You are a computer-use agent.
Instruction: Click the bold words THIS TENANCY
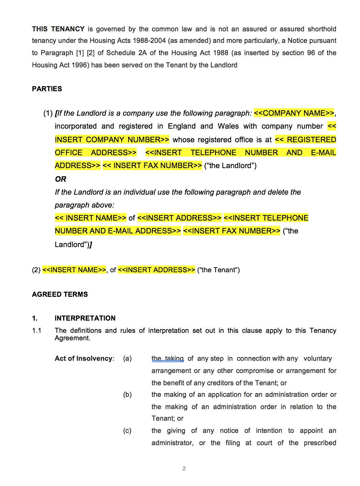tap(58, 29)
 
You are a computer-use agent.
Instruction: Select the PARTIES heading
tap(47, 89)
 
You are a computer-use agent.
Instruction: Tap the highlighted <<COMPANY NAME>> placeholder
tap(294, 113)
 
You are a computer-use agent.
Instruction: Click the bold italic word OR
tap(61, 179)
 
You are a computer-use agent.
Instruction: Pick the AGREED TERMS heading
tap(60, 294)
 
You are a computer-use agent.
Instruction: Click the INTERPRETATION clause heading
tap(85, 318)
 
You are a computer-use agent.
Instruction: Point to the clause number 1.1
tap(37, 330)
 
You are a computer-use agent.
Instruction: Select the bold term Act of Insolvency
tap(84, 358)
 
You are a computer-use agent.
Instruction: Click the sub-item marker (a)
tap(127, 358)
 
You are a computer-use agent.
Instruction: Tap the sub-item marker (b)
tap(127, 394)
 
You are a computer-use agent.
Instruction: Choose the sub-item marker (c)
tap(127, 431)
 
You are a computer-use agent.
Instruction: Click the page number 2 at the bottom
tap(184, 468)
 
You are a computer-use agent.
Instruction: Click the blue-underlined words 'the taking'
tap(167, 358)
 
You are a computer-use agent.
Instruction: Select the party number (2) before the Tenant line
tap(36, 270)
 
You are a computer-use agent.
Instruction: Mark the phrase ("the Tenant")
tap(218, 270)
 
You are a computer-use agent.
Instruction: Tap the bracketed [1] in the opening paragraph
tap(80, 53)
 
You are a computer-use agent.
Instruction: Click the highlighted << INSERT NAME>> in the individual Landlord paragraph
tap(91, 218)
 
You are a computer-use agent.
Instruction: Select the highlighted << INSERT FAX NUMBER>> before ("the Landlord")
tap(152, 166)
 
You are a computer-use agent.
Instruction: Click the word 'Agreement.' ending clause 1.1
tap(72, 338)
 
